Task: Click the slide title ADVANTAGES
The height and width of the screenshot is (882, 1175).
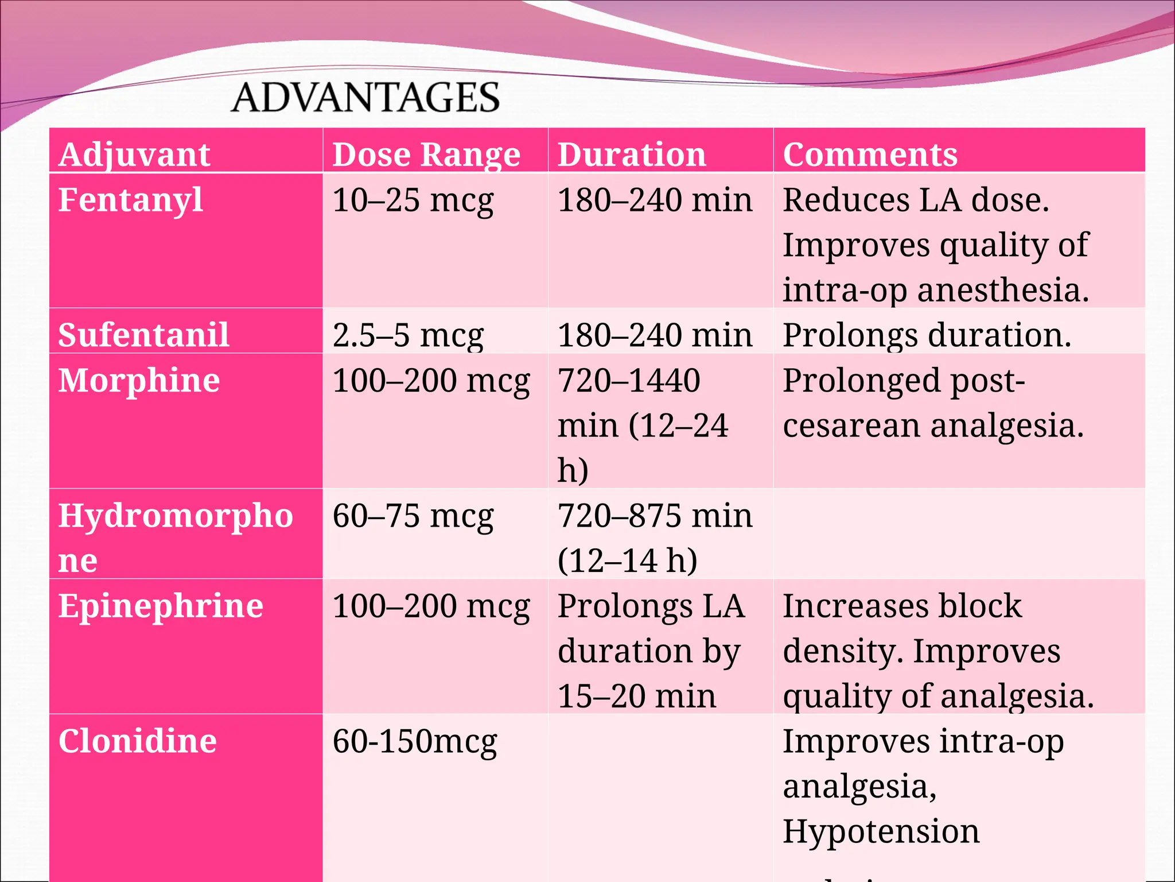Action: (x=365, y=97)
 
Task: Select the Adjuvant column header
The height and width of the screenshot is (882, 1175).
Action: (x=134, y=154)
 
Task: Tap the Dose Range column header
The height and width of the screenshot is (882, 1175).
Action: (x=426, y=154)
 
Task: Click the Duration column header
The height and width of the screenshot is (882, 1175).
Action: (x=632, y=154)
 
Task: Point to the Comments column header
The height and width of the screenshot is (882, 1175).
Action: (x=870, y=154)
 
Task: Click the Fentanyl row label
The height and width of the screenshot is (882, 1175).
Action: (x=130, y=200)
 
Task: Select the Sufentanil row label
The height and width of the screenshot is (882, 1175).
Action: (x=143, y=335)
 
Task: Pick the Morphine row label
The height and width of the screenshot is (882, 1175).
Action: (x=139, y=380)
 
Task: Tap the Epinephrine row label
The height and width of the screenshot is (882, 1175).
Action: (x=161, y=606)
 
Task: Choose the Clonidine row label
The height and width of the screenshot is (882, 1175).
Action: (x=138, y=741)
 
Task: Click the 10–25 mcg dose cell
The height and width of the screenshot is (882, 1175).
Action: (x=413, y=200)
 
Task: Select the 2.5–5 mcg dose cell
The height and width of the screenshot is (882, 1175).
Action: (x=408, y=335)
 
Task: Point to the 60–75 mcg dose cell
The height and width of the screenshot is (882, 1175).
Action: (x=413, y=516)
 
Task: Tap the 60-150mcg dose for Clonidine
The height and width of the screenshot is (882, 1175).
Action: (x=414, y=741)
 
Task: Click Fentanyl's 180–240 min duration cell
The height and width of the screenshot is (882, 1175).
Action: (x=655, y=200)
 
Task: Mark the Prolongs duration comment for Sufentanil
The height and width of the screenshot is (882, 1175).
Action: (x=927, y=335)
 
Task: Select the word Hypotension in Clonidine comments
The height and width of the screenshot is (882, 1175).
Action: (x=881, y=831)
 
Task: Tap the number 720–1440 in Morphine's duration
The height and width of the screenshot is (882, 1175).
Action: (x=629, y=380)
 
